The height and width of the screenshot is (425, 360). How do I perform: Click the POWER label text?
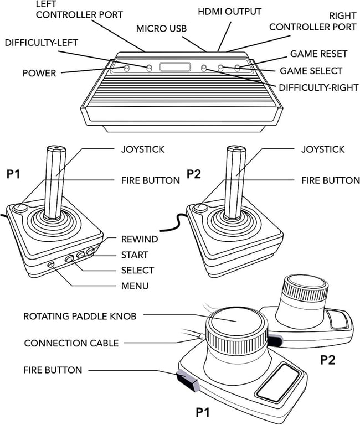coord(39,73)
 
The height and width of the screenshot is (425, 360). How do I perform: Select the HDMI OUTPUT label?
coord(230,11)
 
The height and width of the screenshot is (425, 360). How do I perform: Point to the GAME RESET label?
coord(318,54)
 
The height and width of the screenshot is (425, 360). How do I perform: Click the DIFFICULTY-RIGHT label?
coord(318,87)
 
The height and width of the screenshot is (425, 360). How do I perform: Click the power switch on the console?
coord(127,68)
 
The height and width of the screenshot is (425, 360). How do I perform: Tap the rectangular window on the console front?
coord(174,68)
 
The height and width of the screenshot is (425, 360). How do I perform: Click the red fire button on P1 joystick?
coord(20,208)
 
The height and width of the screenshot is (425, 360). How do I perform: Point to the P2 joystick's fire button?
coord(200,208)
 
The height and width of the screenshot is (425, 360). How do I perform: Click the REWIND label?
coord(140,240)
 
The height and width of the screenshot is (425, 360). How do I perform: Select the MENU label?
coord(135,286)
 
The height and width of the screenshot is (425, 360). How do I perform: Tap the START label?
coord(135,255)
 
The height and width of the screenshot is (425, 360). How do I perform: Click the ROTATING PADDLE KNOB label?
coord(80,317)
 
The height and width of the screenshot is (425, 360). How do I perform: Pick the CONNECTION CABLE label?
coord(71,343)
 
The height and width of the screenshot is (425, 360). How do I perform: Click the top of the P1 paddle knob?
coord(232,322)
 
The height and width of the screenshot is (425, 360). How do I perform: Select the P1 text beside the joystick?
coord(13,174)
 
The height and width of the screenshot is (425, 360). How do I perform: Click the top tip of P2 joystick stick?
coord(235,148)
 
